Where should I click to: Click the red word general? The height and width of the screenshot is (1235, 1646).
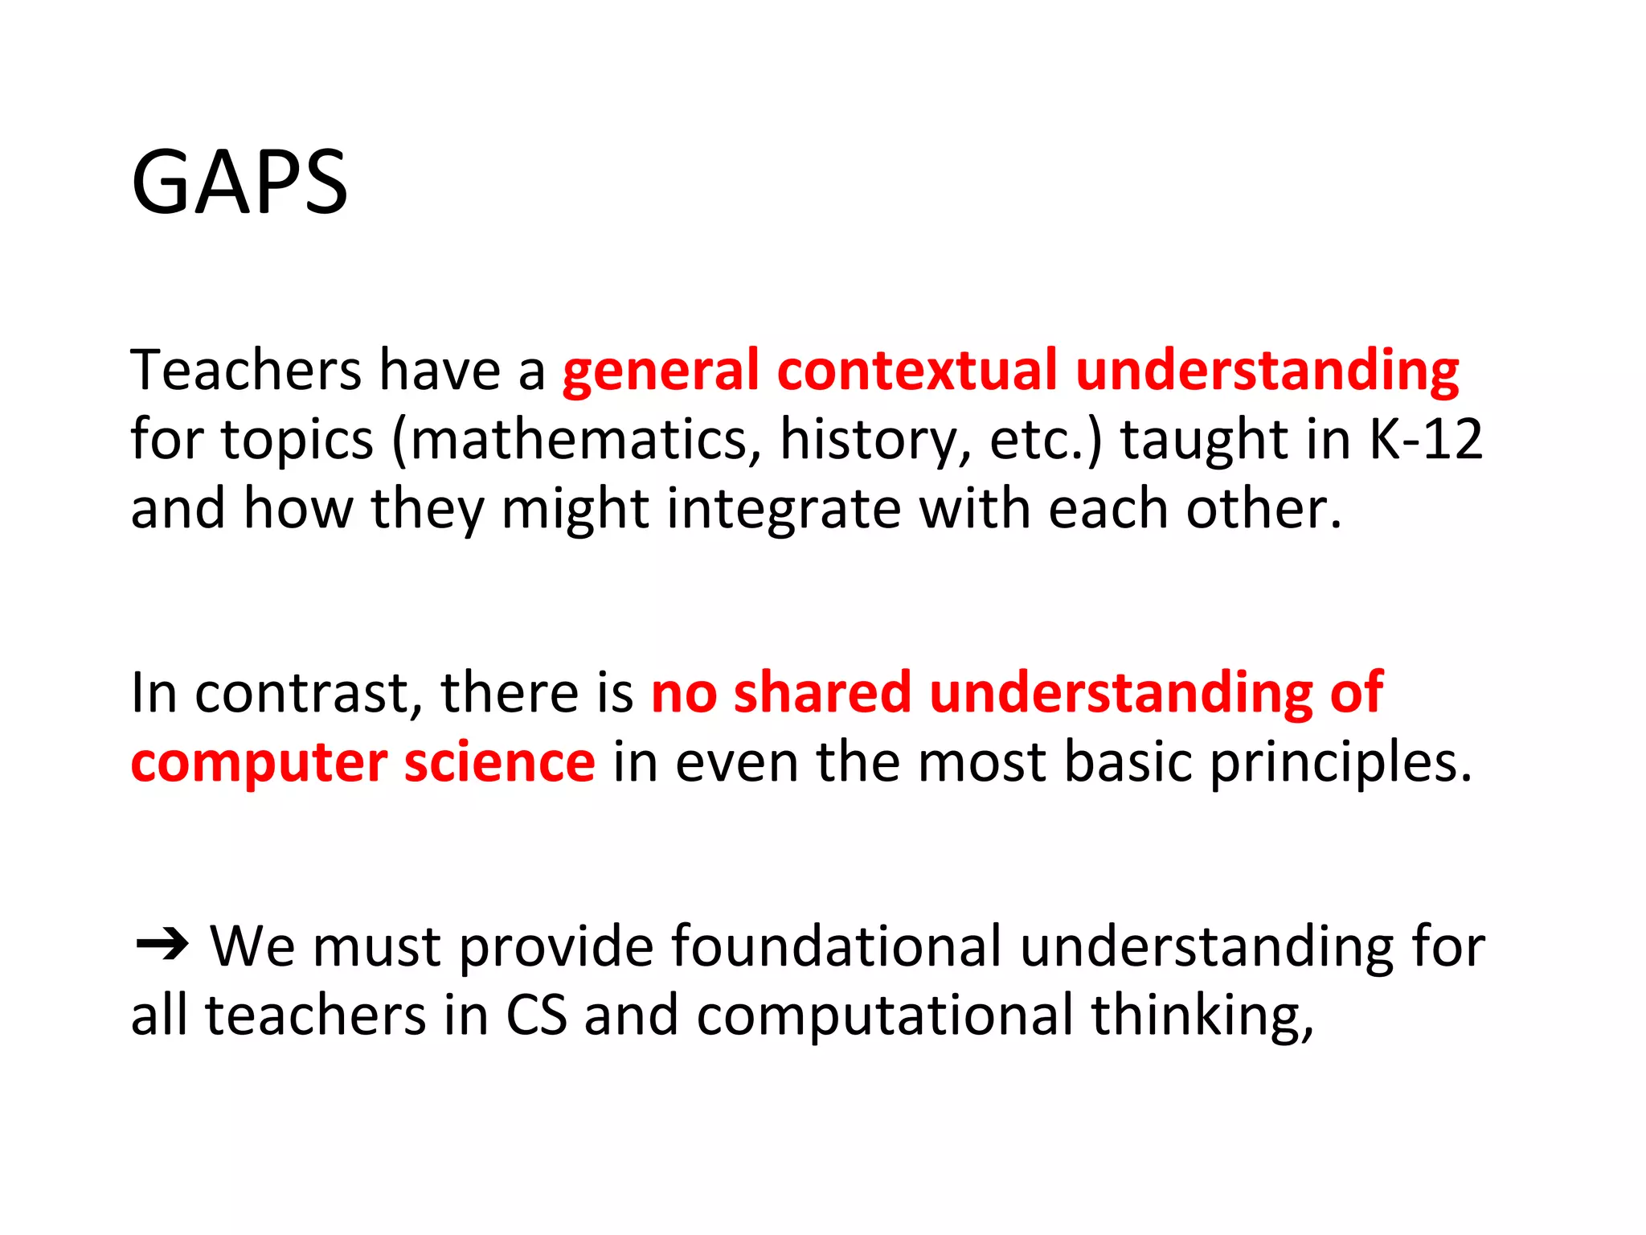661,371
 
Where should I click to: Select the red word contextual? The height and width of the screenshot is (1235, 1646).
917,371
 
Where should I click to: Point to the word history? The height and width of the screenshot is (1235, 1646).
874,441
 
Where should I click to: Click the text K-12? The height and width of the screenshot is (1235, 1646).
1425,441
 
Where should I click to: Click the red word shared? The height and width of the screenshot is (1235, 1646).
822,693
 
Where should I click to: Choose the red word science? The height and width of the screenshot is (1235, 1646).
499,762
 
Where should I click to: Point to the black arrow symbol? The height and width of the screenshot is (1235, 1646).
162,944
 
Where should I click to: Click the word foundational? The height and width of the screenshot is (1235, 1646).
836,946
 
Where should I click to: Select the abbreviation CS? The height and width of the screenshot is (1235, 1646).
536,1015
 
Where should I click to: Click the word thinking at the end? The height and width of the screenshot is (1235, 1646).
1202,1015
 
